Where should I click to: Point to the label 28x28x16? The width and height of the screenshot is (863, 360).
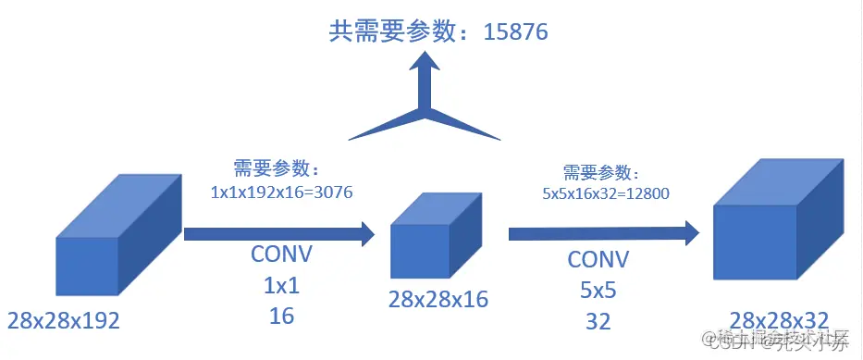438,299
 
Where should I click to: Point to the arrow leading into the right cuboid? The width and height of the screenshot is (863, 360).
601,232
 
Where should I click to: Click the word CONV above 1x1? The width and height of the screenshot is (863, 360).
282,254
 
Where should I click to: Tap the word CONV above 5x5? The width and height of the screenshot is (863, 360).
598,258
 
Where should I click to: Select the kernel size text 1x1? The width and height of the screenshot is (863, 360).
281,285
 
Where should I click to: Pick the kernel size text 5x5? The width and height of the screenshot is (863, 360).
598,290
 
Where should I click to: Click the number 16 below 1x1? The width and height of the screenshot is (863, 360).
281,317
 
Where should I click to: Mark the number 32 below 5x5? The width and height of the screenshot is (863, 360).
598,321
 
